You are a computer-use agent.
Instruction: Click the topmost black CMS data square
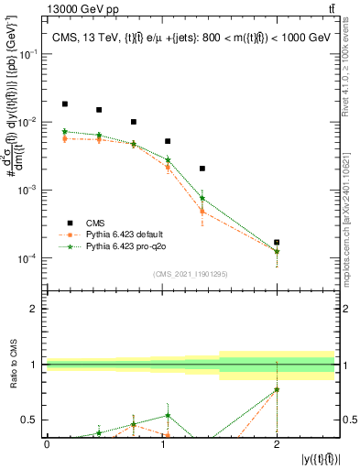click(x=64, y=104)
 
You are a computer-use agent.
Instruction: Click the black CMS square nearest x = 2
click(x=277, y=243)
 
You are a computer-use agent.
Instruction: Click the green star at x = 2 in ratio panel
click(x=277, y=389)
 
